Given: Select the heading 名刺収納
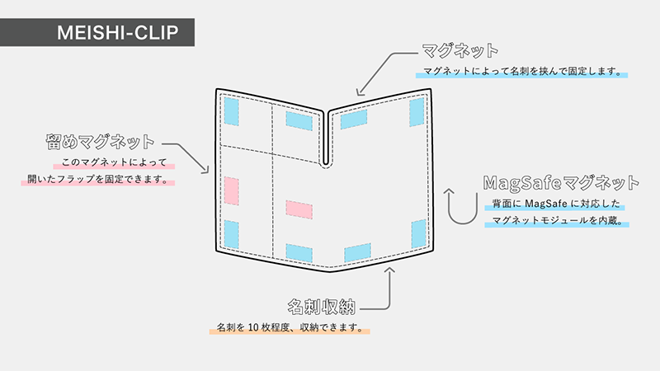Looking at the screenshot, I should coord(322,307).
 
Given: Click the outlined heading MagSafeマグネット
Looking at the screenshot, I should coord(561,181).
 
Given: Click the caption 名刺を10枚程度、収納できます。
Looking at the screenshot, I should coord(289,327).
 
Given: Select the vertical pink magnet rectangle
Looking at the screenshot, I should coord(231,190).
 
